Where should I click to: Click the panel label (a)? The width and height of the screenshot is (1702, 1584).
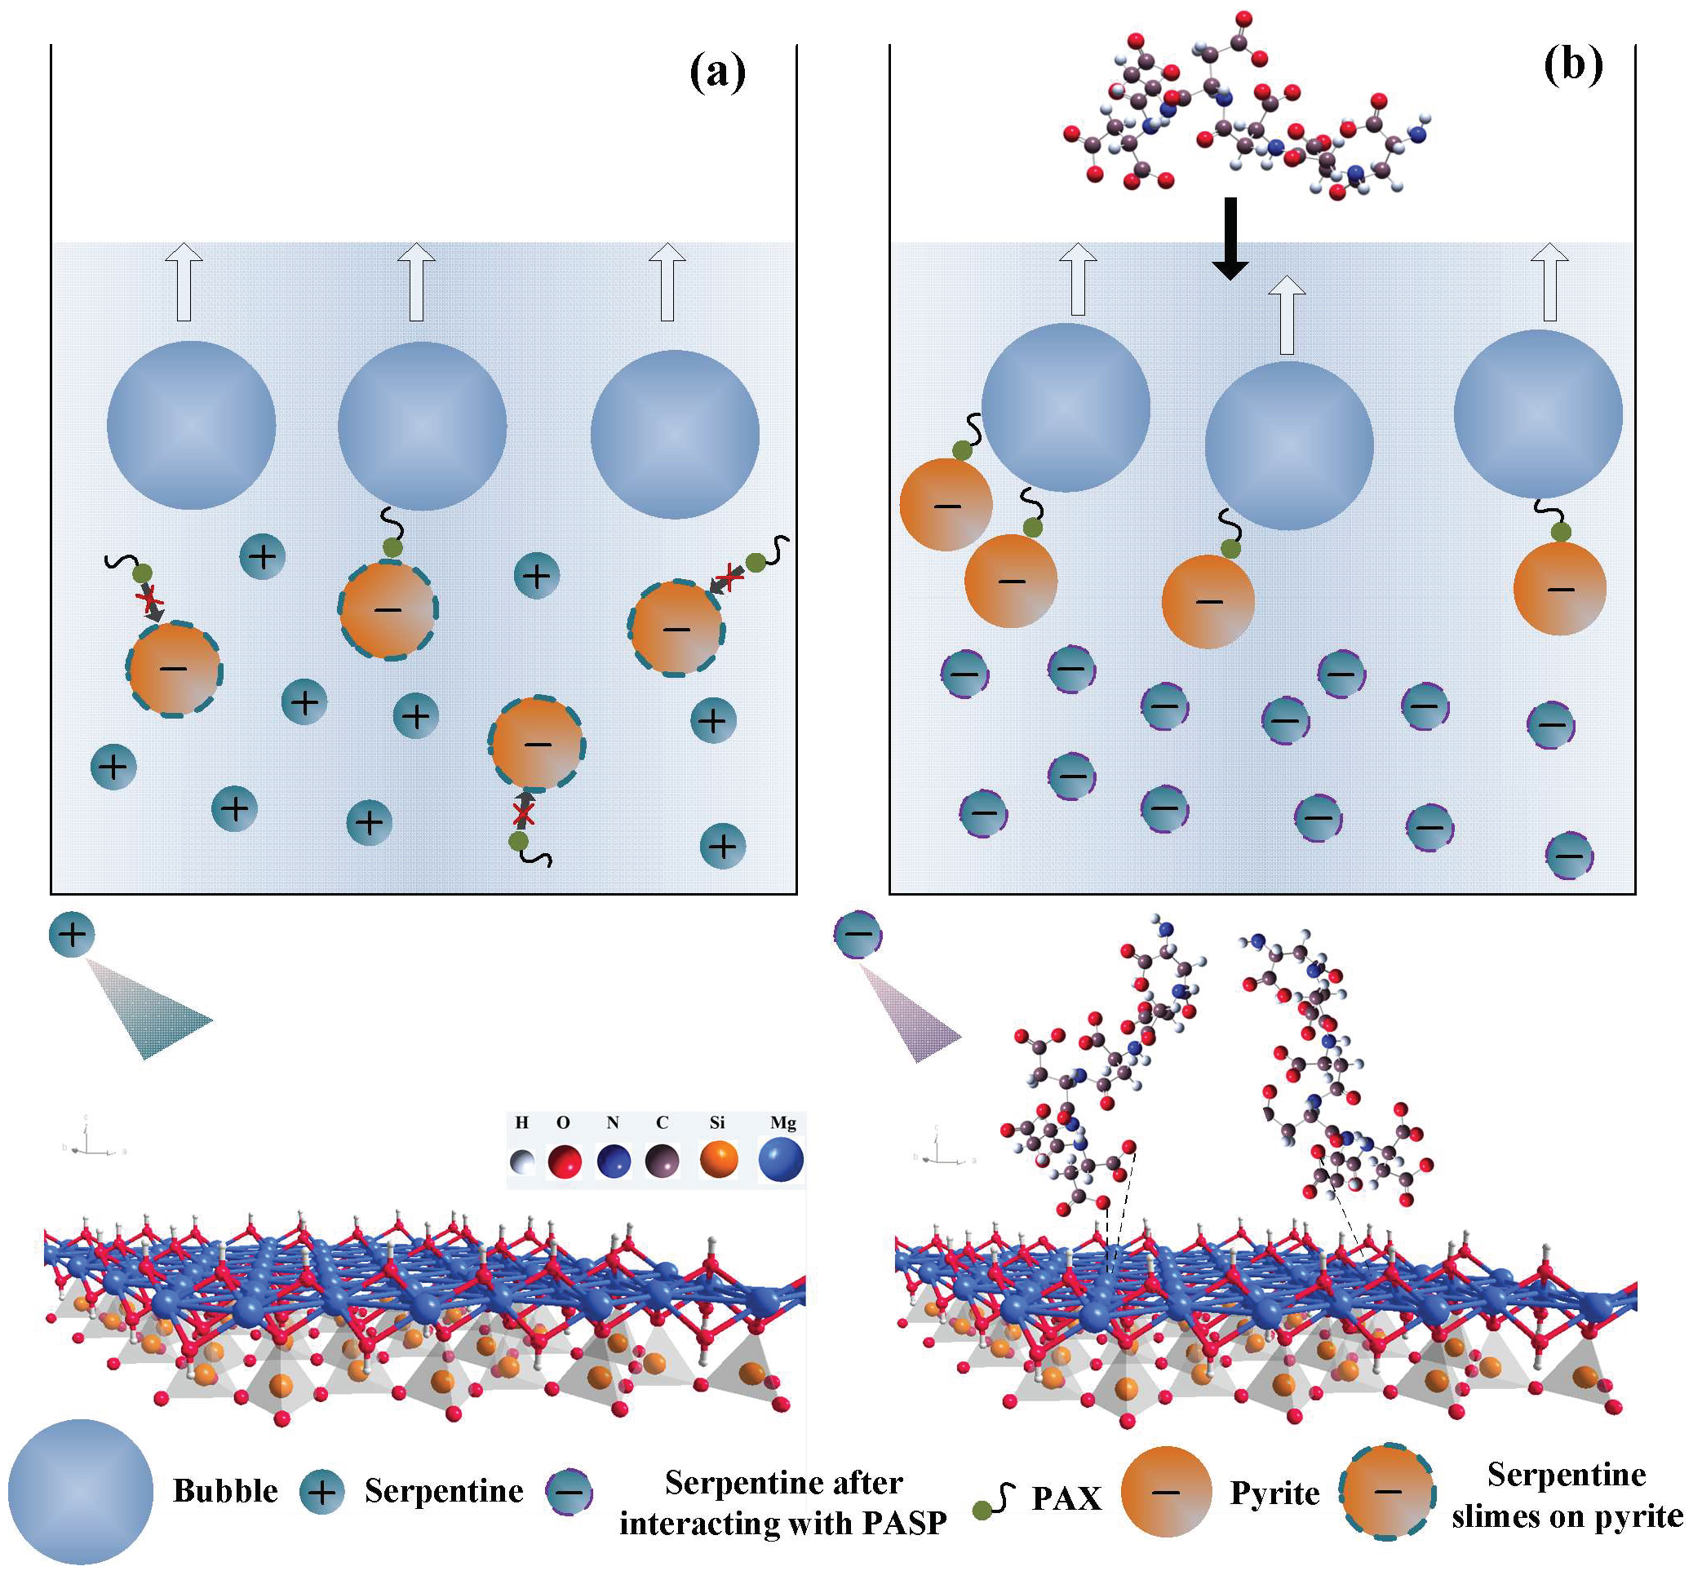(x=717, y=71)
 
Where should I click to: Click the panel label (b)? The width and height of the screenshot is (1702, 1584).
(x=1573, y=64)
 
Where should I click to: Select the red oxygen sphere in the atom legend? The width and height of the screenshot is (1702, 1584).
(x=564, y=1163)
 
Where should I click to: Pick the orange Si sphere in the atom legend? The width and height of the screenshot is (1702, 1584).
(x=718, y=1160)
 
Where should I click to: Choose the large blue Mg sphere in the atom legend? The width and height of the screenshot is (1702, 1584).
(x=781, y=1160)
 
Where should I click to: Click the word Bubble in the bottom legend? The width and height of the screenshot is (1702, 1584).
(x=225, y=1491)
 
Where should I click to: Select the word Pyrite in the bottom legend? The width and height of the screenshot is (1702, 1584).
(x=1274, y=1493)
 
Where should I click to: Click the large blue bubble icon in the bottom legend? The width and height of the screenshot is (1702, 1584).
(x=81, y=1492)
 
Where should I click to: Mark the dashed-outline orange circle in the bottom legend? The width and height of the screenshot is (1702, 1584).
(x=1387, y=1492)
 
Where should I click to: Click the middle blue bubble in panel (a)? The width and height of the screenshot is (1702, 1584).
(x=422, y=426)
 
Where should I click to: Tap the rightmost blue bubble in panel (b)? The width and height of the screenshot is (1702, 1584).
(x=1538, y=414)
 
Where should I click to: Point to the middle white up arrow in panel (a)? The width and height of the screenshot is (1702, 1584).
(x=417, y=281)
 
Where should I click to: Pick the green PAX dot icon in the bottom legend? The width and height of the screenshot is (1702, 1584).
(x=983, y=1511)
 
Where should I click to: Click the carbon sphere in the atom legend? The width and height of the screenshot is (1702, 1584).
(x=662, y=1162)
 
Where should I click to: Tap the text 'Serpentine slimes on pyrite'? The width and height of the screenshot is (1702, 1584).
(x=1566, y=1495)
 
